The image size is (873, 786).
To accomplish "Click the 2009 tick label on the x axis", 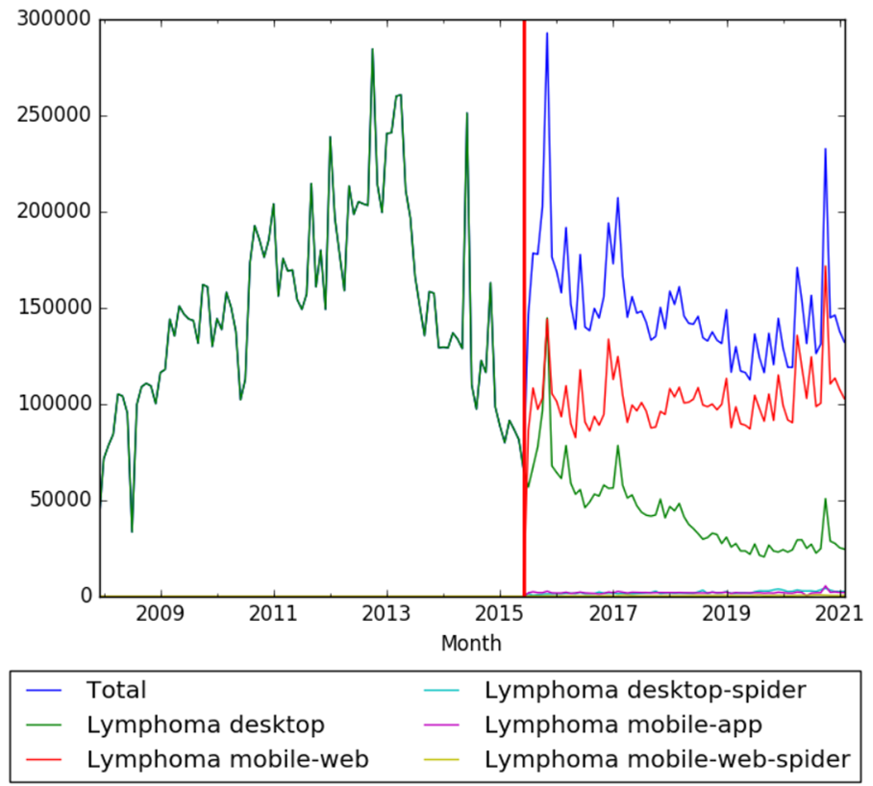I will (161, 613).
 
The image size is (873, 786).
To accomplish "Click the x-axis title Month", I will (471, 643).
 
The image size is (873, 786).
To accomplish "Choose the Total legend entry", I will (116, 689).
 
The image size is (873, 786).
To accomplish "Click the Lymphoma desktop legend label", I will (206, 724).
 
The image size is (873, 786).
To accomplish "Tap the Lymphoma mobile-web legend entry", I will (228, 758).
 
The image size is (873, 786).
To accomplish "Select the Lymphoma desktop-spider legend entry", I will (645, 689).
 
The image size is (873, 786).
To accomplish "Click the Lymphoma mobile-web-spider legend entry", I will (668, 758).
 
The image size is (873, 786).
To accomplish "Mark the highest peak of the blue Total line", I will (547, 33).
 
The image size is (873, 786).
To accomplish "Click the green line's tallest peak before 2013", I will (372, 49).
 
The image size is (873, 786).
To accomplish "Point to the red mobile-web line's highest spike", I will (826, 266).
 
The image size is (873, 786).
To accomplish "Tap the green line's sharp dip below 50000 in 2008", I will (132, 531).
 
